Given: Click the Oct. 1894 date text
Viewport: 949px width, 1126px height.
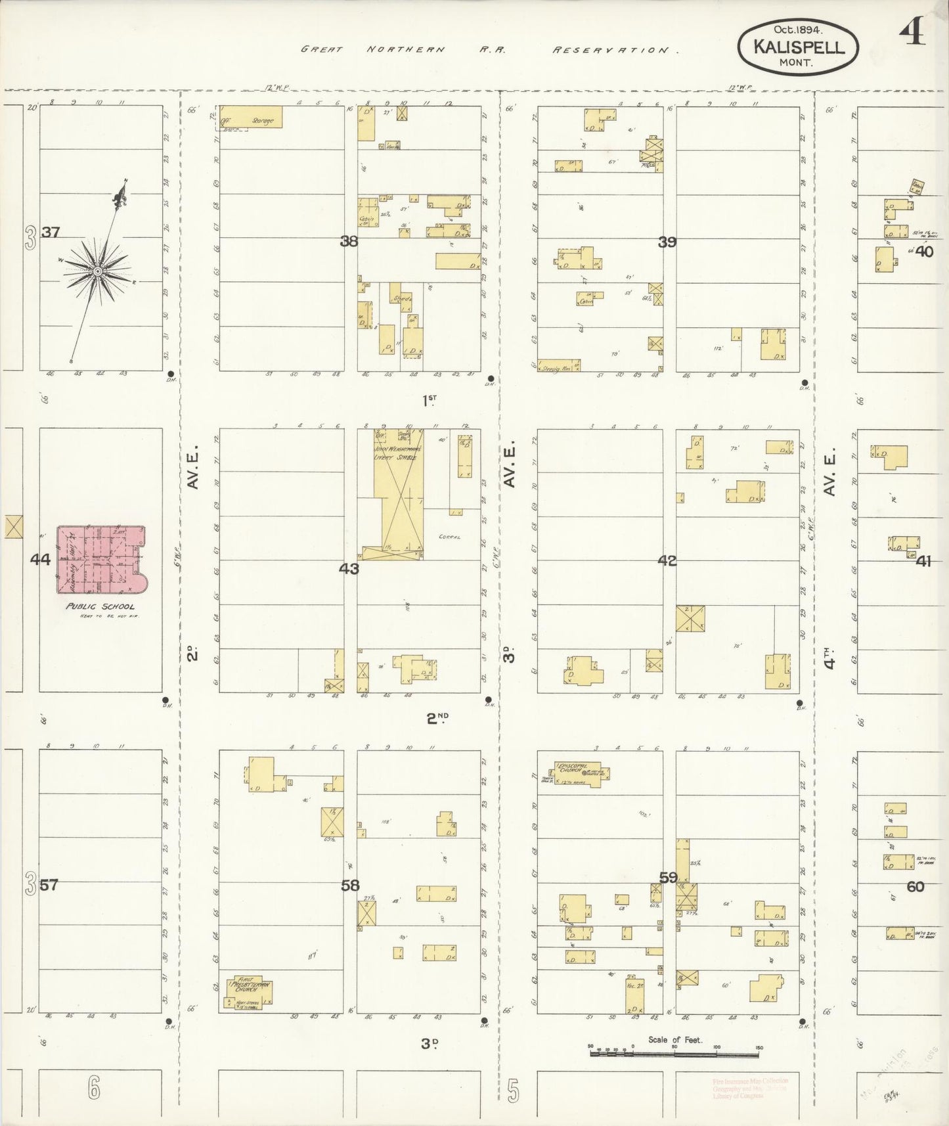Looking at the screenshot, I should [x=798, y=29].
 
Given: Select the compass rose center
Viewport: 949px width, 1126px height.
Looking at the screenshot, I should [x=97, y=271].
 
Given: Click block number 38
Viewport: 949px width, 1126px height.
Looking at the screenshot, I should [x=349, y=241].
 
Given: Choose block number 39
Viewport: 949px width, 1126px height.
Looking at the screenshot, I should [x=667, y=242].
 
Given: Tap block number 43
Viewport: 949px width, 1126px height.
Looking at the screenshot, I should [x=349, y=568].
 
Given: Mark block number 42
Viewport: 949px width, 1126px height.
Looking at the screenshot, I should [x=667, y=560].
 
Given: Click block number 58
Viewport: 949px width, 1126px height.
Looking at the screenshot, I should [x=350, y=885].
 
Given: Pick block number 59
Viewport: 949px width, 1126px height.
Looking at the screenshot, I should [x=669, y=877].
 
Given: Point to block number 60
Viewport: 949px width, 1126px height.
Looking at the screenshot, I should [x=915, y=886].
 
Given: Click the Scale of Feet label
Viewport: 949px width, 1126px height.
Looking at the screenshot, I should [x=675, y=1039].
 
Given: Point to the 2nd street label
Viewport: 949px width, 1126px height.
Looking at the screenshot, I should [x=437, y=718].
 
